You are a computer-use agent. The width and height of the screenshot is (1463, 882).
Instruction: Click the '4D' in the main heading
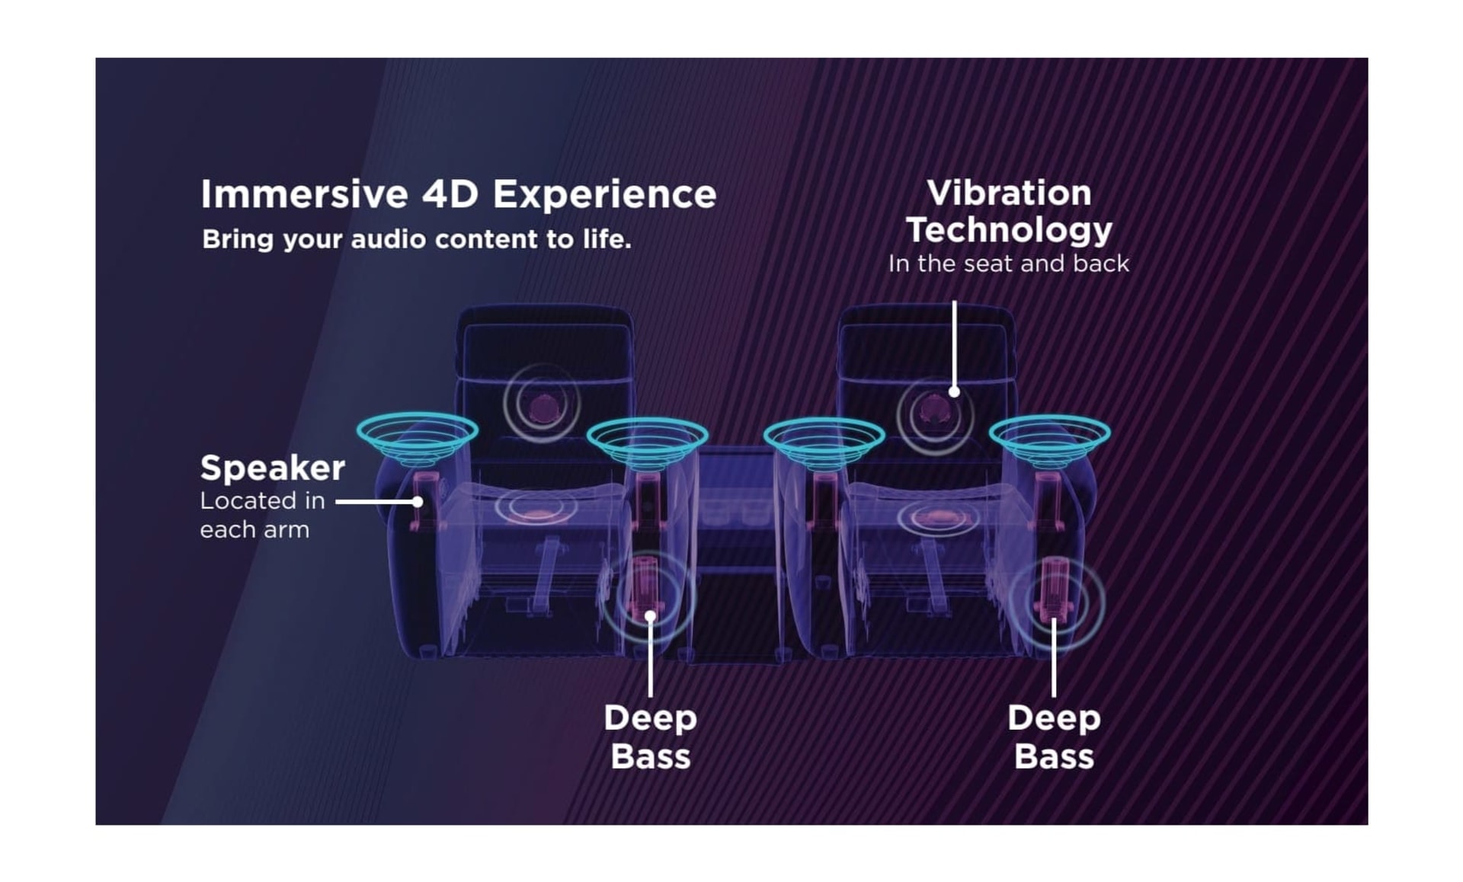pyautogui.click(x=450, y=195)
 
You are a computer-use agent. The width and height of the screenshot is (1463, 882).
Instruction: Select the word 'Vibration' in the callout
pyautogui.click(x=1009, y=193)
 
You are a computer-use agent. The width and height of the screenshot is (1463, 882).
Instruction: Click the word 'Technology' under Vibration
pyautogui.click(x=1009, y=230)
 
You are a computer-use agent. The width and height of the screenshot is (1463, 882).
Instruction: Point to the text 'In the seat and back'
pyautogui.click(x=1008, y=264)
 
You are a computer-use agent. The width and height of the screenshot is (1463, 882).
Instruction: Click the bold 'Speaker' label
pyautogui.click(x=272, y=468)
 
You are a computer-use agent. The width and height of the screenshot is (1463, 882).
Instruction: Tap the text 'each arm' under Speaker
pyautogui.click(x=255, y=530)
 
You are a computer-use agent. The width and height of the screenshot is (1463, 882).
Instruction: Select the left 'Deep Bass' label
pyautogui.click(x=650, y=737)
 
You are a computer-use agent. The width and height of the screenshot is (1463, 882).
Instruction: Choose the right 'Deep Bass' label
pyautogui.click(x=1054, y=737)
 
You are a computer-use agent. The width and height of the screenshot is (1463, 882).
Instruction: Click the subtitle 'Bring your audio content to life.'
pyautogui.click(x=416, y=240)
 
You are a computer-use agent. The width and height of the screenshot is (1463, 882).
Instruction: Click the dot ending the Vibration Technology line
pyautogui.click(x=954, y=392)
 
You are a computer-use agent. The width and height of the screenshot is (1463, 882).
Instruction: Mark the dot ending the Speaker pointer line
pyautogui.click(x=418, y=502)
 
